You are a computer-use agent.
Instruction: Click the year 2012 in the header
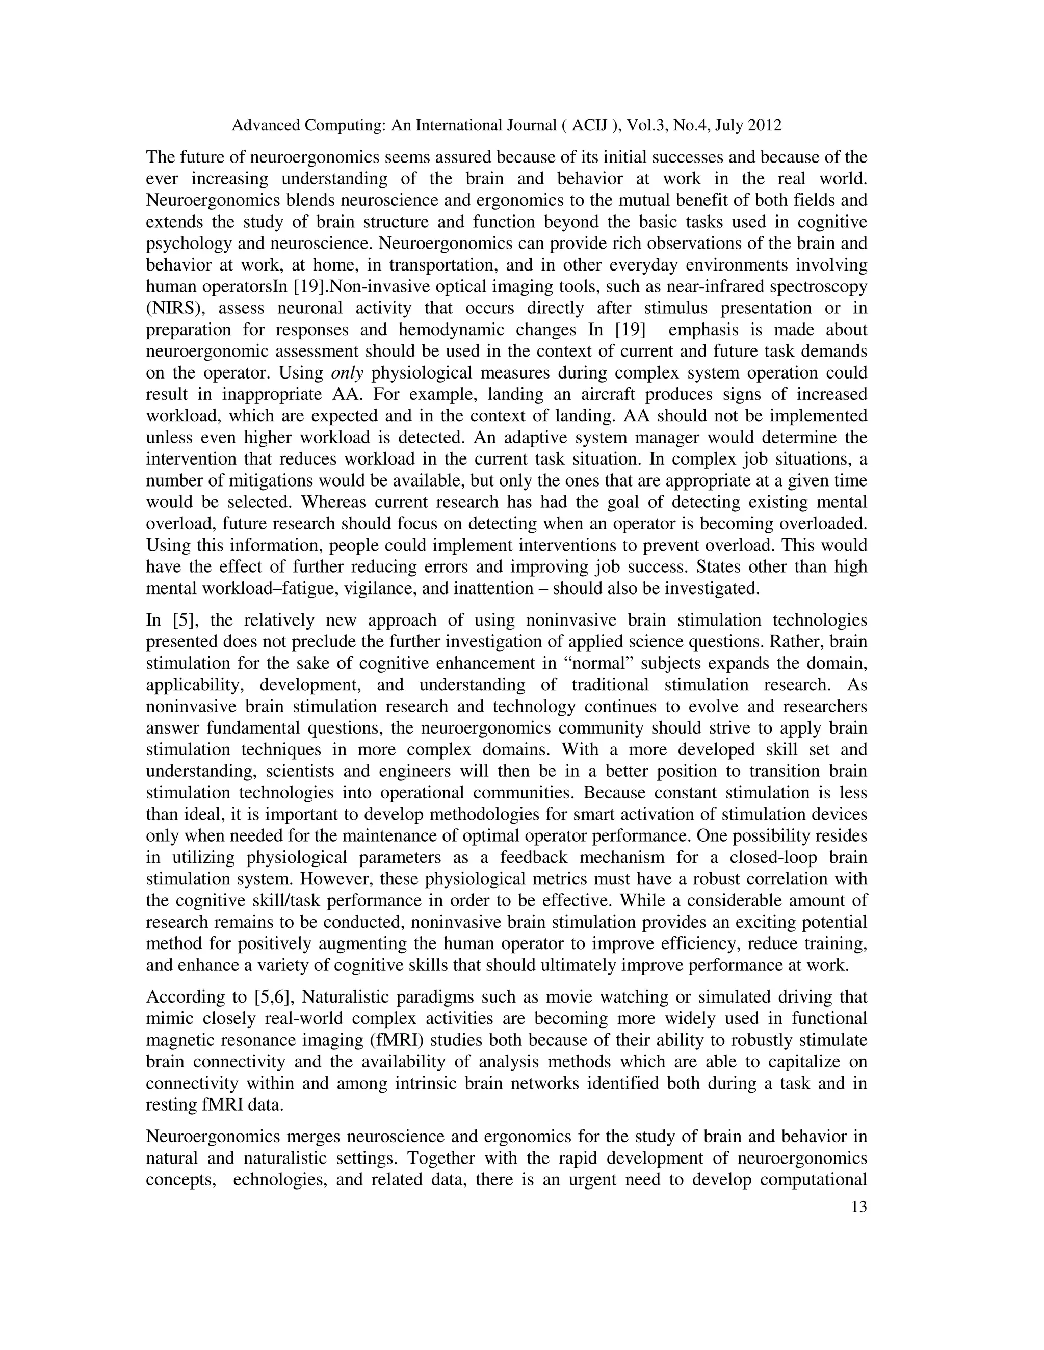click(765, 125)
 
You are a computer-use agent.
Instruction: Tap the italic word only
click(347, 373)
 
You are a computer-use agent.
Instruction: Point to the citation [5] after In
click(184, 620)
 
